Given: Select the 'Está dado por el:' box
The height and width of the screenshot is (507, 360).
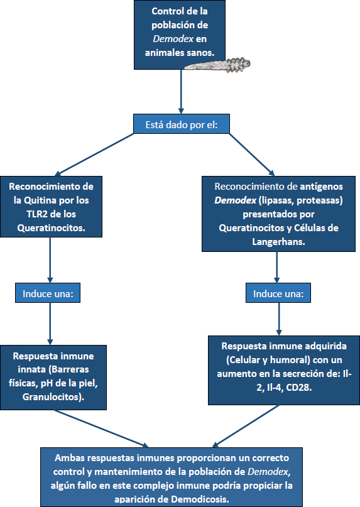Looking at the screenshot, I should point(181,124).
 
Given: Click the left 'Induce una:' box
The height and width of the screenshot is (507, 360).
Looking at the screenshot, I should point(50,293).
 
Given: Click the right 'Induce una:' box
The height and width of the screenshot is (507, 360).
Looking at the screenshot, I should point(277,293).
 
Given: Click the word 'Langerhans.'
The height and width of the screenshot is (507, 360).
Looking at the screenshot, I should point(278,242).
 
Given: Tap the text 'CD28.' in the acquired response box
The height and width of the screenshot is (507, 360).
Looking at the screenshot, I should point(303,388).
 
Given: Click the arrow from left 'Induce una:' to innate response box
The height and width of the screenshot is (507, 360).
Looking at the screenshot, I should point(50,324).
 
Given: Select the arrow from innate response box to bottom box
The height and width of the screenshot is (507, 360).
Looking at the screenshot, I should point(101,428).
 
